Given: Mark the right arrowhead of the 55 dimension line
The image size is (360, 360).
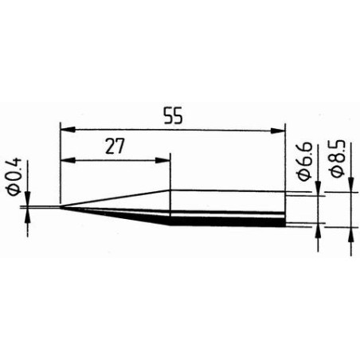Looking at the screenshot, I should coord(280,127).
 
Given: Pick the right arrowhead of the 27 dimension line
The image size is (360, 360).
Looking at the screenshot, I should coord(166,159).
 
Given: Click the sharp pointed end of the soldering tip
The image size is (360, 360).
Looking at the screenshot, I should coord(60,209).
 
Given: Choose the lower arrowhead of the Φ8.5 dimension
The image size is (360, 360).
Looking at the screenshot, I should coord(351,232).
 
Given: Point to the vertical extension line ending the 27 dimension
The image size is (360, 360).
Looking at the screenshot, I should coord(170,171).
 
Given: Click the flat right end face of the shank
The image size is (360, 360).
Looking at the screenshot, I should coord(285,209).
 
